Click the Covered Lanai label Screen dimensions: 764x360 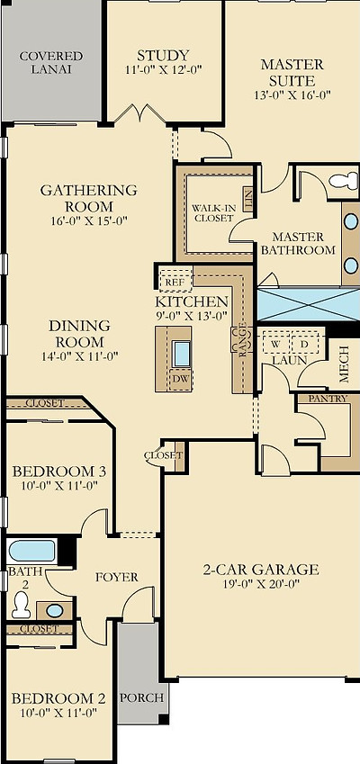click(x=51, y=62)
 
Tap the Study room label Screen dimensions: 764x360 click(x=163, y=55)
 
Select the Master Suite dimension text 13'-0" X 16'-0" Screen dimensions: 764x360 click(x=292, y=94)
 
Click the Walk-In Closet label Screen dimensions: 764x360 click(x=213, y=212)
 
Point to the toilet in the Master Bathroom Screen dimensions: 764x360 click(x=343, y=181)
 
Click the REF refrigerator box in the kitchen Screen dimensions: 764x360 click(x=173, y=282)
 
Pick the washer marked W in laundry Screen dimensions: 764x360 click(x=274, y=344)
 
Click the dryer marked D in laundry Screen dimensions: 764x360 click(x=304, y=344)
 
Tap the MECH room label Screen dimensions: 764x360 click(x=343, y=364)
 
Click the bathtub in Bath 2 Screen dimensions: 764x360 click(x=32, y=550)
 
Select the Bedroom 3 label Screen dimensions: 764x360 click(x=58, y=472)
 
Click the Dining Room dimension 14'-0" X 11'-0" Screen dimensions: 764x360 click(x=79, y=355)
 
